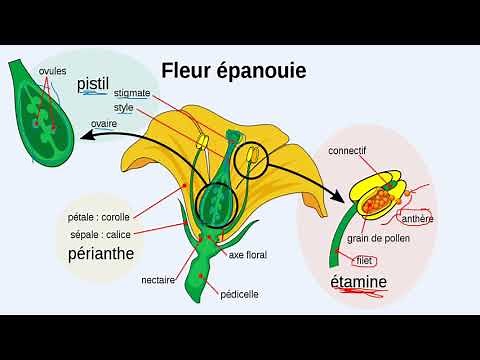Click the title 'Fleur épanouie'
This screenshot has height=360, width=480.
click(x=234, y=71)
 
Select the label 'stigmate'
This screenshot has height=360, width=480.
click(x=132, y=93)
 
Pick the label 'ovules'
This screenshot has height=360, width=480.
click(x=53, y=73)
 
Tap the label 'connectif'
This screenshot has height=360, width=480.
click(x=347, y=150)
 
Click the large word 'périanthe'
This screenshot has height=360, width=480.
click(x=101, y=254)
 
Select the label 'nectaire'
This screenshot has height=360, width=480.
click(x=158, y=280)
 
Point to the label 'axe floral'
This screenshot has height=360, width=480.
click(x=250, y=255)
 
